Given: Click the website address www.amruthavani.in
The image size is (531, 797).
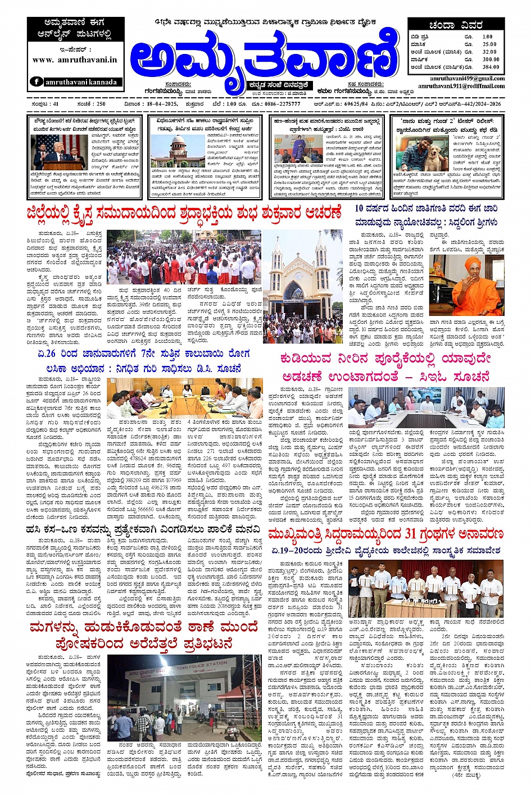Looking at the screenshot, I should click(x=75, y=60).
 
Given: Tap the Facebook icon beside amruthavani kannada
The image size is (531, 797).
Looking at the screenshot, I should click(x=37, y=82).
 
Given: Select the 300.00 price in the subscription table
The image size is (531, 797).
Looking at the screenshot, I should click(x=490, y=59).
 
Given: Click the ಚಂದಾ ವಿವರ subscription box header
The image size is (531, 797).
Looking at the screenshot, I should click(x=456, y=25).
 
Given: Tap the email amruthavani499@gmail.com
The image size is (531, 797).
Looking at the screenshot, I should click(x=467, y=79).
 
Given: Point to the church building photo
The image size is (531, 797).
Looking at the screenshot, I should click(x=303, y=286).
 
